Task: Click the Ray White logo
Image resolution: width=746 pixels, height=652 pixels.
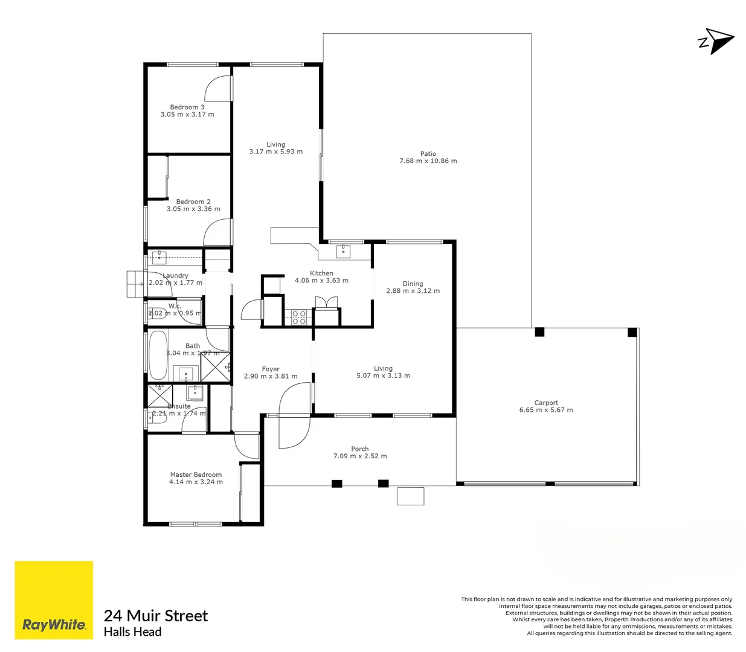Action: point(54,600)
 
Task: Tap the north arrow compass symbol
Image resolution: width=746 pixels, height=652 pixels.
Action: point(717,41)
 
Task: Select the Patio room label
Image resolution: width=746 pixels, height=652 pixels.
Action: point(428,154)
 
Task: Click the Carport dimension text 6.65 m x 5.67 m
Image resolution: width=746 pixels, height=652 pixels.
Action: point(546,410)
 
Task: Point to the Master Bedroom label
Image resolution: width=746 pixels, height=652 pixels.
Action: point(196,475)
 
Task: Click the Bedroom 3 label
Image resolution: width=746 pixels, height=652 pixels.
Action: point(187,107)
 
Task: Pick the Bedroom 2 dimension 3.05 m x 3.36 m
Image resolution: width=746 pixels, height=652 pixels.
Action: point(193,209)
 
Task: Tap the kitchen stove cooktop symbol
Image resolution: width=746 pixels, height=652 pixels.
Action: point(299,317)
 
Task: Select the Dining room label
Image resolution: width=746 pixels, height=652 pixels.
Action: point(413,283)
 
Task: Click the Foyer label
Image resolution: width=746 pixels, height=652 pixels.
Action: point(271,369)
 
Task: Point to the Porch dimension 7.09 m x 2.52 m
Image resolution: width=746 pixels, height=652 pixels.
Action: point(360,456)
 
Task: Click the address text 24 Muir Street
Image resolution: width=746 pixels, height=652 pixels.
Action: point(156,616)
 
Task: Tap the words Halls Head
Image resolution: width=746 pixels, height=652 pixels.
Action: point(133,632)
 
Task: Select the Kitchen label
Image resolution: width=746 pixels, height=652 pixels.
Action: point(321,273)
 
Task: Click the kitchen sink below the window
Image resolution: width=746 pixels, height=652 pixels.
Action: point(343,251)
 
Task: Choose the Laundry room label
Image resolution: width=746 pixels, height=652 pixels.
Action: point(175,275)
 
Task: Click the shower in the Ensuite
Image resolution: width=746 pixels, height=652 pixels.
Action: point(160,395)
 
